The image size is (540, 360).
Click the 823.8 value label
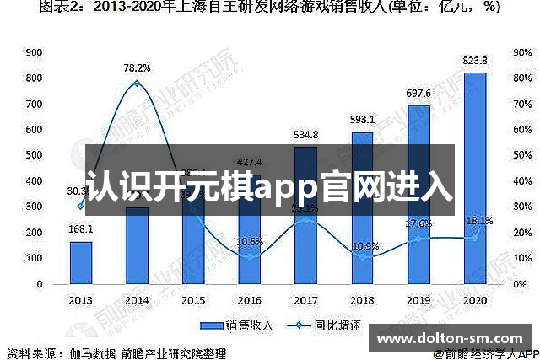[476, 61]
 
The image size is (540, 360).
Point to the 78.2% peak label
[137, 68]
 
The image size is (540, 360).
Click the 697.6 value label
[418, 94]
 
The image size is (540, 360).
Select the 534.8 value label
[305, 135]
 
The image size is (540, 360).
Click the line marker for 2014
[137, 83]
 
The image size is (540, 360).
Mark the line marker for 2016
[250, 256]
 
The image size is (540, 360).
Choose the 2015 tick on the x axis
[193, 299]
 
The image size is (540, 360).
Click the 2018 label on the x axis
[362, 299]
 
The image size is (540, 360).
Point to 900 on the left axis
[35, 52]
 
